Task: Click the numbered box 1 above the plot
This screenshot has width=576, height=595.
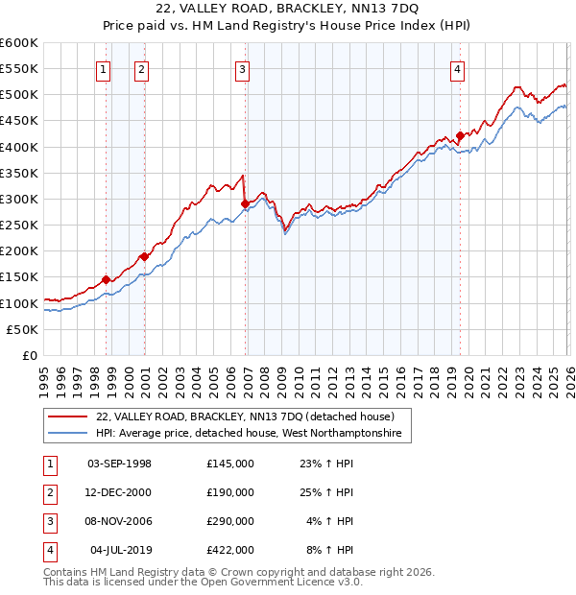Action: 103,68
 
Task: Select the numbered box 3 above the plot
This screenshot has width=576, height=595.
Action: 243,68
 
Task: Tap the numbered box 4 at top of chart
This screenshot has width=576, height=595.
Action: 458,68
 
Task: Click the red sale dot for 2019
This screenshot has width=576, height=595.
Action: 460,135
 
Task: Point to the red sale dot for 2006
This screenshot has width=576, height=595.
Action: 245,203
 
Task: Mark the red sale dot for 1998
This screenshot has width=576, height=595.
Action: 106,279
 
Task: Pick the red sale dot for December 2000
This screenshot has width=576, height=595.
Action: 144,256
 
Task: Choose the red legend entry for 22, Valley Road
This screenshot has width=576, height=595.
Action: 245,416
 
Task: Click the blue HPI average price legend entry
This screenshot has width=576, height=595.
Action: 252,434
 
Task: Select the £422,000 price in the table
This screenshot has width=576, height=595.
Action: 230,550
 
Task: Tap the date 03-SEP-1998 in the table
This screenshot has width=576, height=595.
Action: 119,464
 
